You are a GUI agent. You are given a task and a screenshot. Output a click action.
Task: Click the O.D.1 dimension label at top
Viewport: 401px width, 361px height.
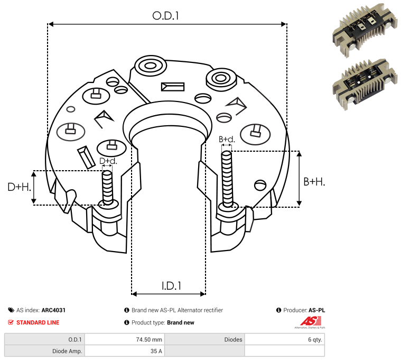[x=165, y=16]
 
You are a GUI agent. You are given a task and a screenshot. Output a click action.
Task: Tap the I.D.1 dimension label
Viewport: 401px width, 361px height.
[x=171, y=286]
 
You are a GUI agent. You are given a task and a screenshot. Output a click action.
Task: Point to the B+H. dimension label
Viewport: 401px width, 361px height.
[x=314, y=182]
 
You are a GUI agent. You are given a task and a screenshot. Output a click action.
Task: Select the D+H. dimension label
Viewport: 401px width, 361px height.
[x=19, y=187]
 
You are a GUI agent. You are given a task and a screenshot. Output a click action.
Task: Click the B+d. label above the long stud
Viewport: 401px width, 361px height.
[x=227, y=139]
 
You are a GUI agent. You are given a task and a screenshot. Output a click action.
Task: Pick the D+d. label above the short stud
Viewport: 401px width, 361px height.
[x=108, y=161]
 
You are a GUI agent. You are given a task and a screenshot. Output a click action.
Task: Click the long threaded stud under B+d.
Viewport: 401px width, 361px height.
[x=227, y=179]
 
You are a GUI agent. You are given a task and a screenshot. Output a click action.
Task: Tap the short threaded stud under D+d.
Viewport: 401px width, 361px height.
[x=107, y=187]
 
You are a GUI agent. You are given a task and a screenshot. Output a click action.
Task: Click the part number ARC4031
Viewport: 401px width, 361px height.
[x=53, y=310]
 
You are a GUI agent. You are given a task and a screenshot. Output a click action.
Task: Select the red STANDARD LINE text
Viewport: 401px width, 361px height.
[x=38, y=322]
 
